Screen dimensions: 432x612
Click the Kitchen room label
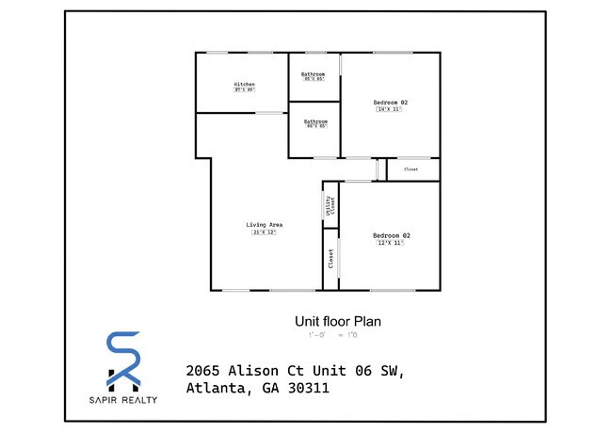[x=245, y=85]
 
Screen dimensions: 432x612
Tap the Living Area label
[x=265, y=224]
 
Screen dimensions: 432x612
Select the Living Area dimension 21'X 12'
[x=265, y=232]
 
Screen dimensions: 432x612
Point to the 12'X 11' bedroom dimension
[x=391, y=243]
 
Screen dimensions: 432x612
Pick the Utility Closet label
[x=330, y=206]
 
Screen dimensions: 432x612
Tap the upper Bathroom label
[x=314, y=73]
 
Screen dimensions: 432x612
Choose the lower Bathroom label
[x=315, y=120]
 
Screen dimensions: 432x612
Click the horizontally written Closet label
[x=411, y=169]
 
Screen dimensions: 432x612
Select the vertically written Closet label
[x=330, y=259]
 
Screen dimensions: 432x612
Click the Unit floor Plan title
[x=338, y=321]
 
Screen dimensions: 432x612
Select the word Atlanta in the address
[x=217, y=388]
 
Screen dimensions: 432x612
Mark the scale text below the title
[x=331, y=335]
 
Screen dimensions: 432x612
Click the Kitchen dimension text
[x=245, y=90]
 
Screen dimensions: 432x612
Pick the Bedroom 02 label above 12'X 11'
[x=391, y=234]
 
